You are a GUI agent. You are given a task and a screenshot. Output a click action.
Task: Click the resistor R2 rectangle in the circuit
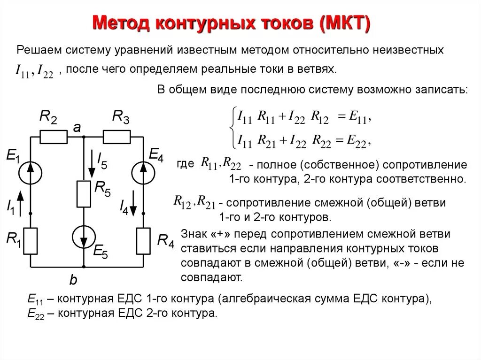point(54,137)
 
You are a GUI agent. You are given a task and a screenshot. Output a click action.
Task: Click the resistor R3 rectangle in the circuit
point(116,137)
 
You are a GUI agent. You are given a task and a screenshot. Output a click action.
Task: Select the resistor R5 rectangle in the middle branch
point(84,193)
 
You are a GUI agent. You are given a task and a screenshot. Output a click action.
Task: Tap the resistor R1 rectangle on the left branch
point(31,240)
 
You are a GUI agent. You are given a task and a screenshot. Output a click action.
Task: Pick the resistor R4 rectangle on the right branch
point(143,240)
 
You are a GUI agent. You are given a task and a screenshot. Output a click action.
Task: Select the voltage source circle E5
point(84,237)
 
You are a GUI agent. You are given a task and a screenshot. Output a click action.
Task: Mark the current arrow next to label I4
point(134,202)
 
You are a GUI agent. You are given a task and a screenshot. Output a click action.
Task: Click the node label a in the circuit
point(77,128)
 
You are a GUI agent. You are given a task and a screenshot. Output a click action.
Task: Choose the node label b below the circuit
point(73,280)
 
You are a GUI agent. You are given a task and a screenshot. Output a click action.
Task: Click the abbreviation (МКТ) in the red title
point(345,23)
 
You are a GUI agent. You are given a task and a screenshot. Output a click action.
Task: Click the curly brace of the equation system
point(231,128)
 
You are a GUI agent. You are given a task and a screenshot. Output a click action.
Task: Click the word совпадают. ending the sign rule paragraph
point(212,277)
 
